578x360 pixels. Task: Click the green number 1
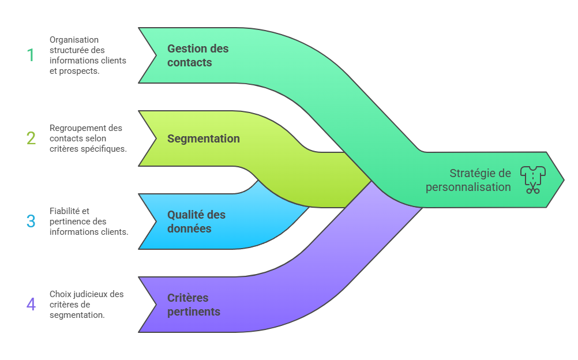click(31, 55)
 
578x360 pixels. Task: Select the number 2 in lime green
click(31, 138)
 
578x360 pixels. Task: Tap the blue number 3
click(31, 222)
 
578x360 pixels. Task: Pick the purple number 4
click(31, 304)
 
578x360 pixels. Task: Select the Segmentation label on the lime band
click(203, 138)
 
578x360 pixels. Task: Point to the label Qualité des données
click(196, 222)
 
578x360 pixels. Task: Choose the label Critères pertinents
click(194, 305)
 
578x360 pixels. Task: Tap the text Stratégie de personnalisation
click(468, 180)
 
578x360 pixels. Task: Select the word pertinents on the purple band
click(194, 312)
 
